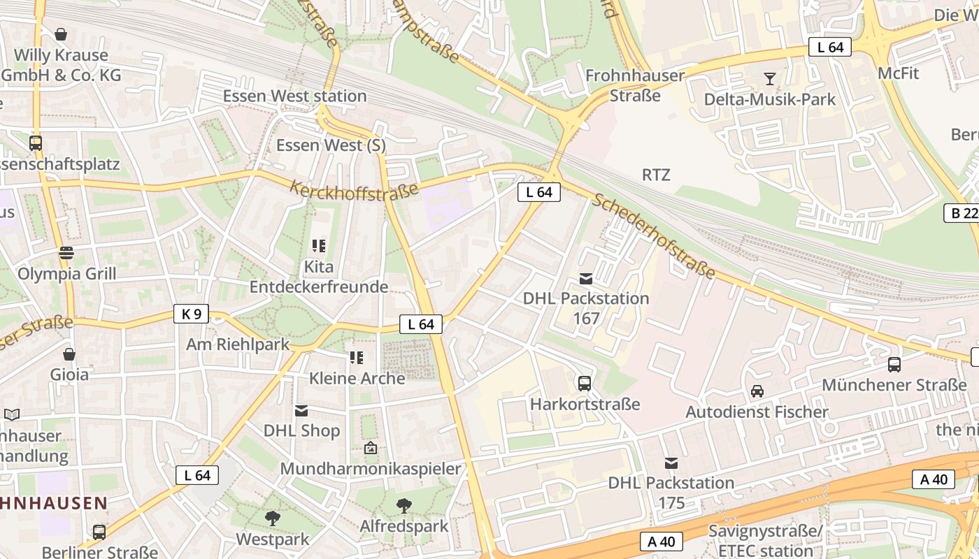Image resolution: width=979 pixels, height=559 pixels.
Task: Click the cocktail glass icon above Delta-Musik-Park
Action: (x=770, y=79)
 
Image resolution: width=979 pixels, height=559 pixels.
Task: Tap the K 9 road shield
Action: (x=191, y=314)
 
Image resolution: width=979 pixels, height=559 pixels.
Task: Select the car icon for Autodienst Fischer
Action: (x=757, y=391)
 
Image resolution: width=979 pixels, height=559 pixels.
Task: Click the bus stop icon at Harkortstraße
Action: (x=585, y=383)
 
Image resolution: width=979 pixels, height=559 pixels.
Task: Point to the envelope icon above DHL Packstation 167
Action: (x=586, y=279)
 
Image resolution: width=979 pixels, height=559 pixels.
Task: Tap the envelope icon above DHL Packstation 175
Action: (x=671, y=463)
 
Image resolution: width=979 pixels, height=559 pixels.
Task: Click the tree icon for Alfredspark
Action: (x=403, y=505)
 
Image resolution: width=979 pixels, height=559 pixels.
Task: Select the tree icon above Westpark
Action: (x=272, y=518)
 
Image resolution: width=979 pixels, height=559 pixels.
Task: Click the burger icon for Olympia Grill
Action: (x=66, y=252)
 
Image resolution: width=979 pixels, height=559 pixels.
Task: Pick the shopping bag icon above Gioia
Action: (x=69, y=354)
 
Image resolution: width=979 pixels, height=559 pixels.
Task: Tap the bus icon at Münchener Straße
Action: (x=894, y=364)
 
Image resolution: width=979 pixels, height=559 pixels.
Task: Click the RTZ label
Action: (x=656, y=175)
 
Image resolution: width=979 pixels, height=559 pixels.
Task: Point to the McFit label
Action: (x=898, y=73)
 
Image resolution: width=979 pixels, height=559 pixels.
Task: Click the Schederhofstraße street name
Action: (x=654, y=235)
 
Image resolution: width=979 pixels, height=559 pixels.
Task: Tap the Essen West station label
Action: (x=294, y=96)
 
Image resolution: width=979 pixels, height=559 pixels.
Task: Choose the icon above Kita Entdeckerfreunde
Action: (x=319, y=246)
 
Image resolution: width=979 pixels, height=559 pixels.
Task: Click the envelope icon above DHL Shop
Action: (x=301, y=410)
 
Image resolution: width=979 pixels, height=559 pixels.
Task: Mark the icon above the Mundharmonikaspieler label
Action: (x=371, y=448)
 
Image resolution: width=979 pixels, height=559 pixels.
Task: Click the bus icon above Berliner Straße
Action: (x=99, y=532)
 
